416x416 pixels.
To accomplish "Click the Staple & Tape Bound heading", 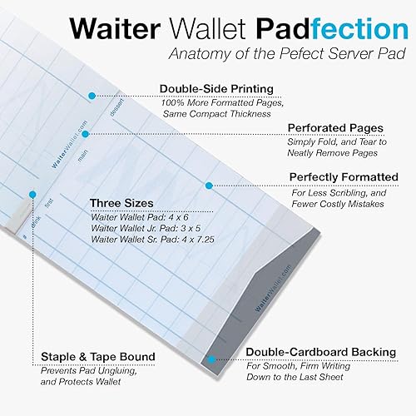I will click(97, 357).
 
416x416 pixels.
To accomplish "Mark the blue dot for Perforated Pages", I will click(85, 133).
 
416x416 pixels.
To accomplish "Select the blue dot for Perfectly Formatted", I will click(208, 185).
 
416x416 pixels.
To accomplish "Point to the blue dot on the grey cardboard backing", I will click(212, 359).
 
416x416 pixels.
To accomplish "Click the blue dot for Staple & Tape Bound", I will click(32, 193).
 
